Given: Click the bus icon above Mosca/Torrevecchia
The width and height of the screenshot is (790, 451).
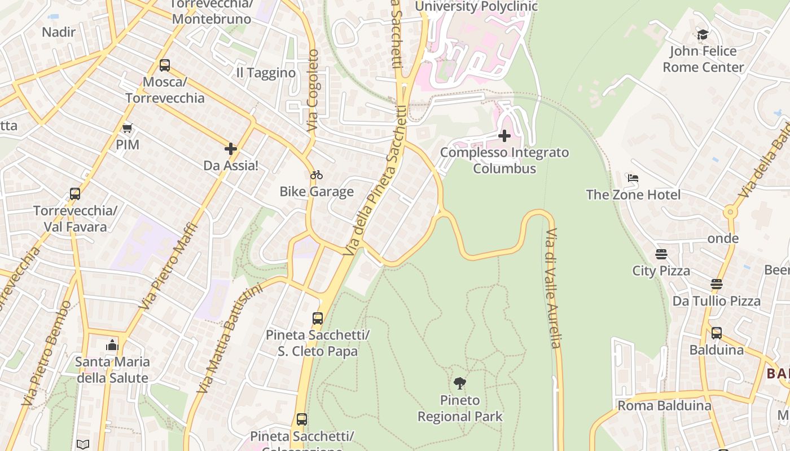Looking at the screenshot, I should click(x=164, y=65).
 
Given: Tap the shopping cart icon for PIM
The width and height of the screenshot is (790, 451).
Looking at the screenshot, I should click(x=128, y=129).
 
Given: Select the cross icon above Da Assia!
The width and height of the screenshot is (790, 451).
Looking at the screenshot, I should click(x=230, y=149).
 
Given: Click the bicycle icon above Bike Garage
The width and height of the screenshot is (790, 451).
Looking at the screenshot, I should click(x=317, y=175).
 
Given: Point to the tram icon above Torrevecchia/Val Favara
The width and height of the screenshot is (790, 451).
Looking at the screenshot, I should click(x=75, y=194).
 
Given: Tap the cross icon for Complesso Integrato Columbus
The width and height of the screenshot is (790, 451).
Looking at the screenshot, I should click(x=504, y=136).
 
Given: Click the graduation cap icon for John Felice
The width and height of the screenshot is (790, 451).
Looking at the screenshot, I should click(x=703, y=35).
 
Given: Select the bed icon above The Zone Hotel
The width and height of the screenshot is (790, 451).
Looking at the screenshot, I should click(x=633, y=178).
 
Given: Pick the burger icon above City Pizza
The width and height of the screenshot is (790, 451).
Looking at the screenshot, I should click(x=661, y=254).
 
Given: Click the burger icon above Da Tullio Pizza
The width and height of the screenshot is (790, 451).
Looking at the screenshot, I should click(x=717, y=284).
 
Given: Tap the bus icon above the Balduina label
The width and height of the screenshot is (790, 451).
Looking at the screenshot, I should click(x=716, y=333).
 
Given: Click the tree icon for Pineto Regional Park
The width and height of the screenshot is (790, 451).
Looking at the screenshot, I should click(x=460, y=383).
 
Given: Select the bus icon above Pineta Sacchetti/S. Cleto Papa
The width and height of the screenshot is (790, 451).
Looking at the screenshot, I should click(x=318, y=319).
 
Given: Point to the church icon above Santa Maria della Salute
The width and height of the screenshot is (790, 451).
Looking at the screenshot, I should click(x=112, y=345).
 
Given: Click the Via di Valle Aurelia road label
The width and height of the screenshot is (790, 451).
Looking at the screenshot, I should click(x=552, y=288).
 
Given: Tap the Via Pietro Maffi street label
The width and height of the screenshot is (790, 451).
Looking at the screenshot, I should click(x=169, y=266).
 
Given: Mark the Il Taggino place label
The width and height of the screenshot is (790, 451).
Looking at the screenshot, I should click(x=266, y=73).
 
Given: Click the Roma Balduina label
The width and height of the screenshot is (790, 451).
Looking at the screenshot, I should click(x=664, y=405).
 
